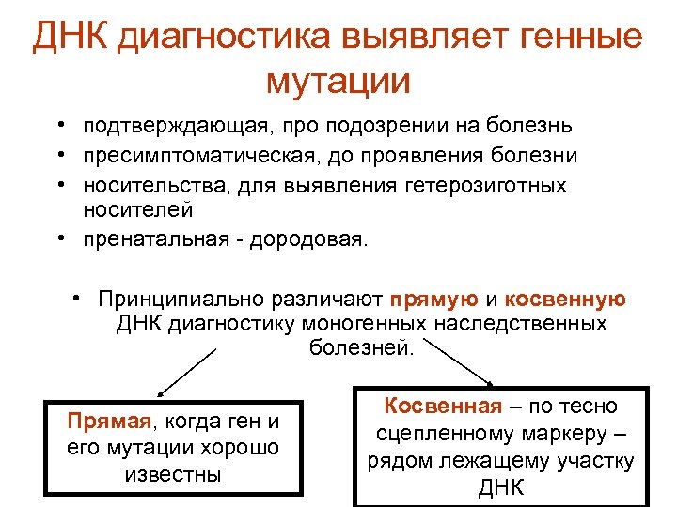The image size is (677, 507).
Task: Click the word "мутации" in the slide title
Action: coord(338,82)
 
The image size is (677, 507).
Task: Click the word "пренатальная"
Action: coord(154,239)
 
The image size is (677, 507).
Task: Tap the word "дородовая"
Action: coord(316,239)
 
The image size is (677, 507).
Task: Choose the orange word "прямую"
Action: coord(434,300)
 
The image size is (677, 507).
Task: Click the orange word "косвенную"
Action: coord(565,300)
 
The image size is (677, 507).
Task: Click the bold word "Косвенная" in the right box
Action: coord(442,406)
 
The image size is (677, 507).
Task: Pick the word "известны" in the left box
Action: coord(172,474)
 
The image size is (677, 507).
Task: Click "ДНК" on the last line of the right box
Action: coord(501,489)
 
